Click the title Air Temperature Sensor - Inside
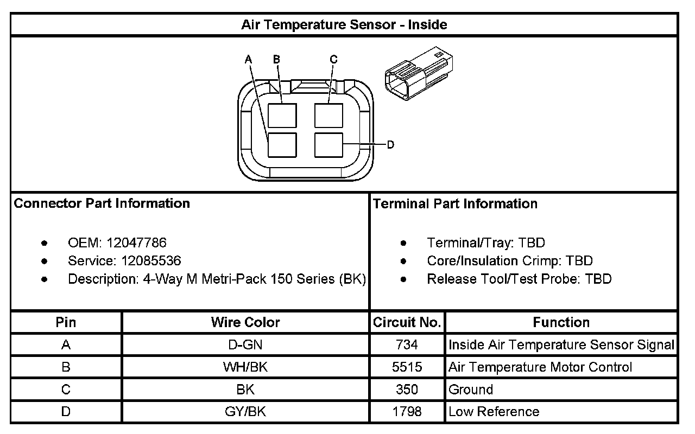tap(344, 25)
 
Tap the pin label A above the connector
tap(248, 59)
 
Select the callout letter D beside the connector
tap(390, 145)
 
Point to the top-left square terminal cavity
tap(282, 116)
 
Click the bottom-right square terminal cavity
tap(328, 145)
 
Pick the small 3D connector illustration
tap(418, 72)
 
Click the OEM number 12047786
tap(136, 242)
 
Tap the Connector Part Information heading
tap(102, 203)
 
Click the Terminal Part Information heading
tap(455, 204)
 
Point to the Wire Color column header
tap(245, 322)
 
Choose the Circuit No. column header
tap(407, 322)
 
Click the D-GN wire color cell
tap(245, 344)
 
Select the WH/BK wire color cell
tap(245, 367)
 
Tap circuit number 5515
tap(407, 367)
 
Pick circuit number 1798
tap(407, 412)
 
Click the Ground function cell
tap(471, 390)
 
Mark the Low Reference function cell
tap(494, 412)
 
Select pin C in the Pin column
tap(66, 390)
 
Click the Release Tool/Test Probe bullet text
tap(519, 279)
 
